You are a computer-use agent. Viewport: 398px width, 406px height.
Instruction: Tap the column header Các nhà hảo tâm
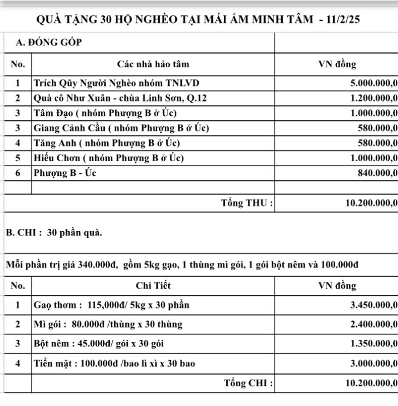[x=153, y=64]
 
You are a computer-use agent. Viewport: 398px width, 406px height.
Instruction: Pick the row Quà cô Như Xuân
[x=120, y=98]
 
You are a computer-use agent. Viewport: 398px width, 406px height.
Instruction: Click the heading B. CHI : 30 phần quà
[x=54, y=232]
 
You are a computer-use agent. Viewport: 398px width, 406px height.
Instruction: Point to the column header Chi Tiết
[x=153, y=285]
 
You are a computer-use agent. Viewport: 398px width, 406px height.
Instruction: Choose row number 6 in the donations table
[x=18, y=173]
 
